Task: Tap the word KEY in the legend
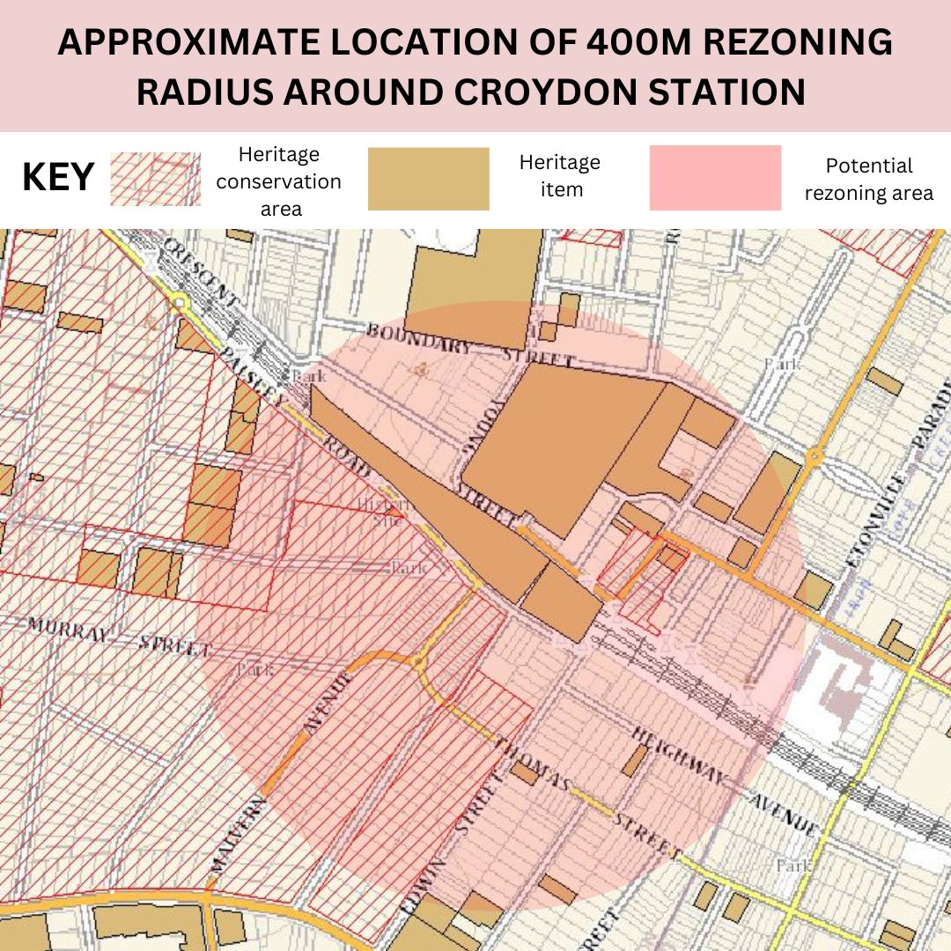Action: (x=58, y=178)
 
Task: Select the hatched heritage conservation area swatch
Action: (x=155, y=179)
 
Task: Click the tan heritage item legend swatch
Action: (x=428, y=179)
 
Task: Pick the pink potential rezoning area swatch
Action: (x=715, y=179)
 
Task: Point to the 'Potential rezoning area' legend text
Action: (x=868, y=180)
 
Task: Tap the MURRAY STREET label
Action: (x=118, y=638)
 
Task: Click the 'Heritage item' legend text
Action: (x=559, y=175)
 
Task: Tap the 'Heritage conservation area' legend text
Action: (x=279, y=181)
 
